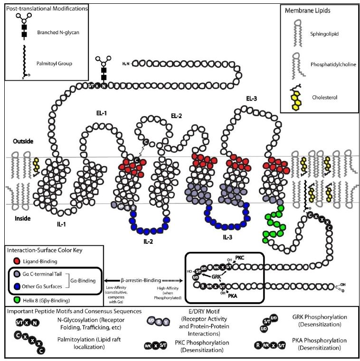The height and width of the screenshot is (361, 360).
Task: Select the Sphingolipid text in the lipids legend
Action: tap(322, 35)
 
